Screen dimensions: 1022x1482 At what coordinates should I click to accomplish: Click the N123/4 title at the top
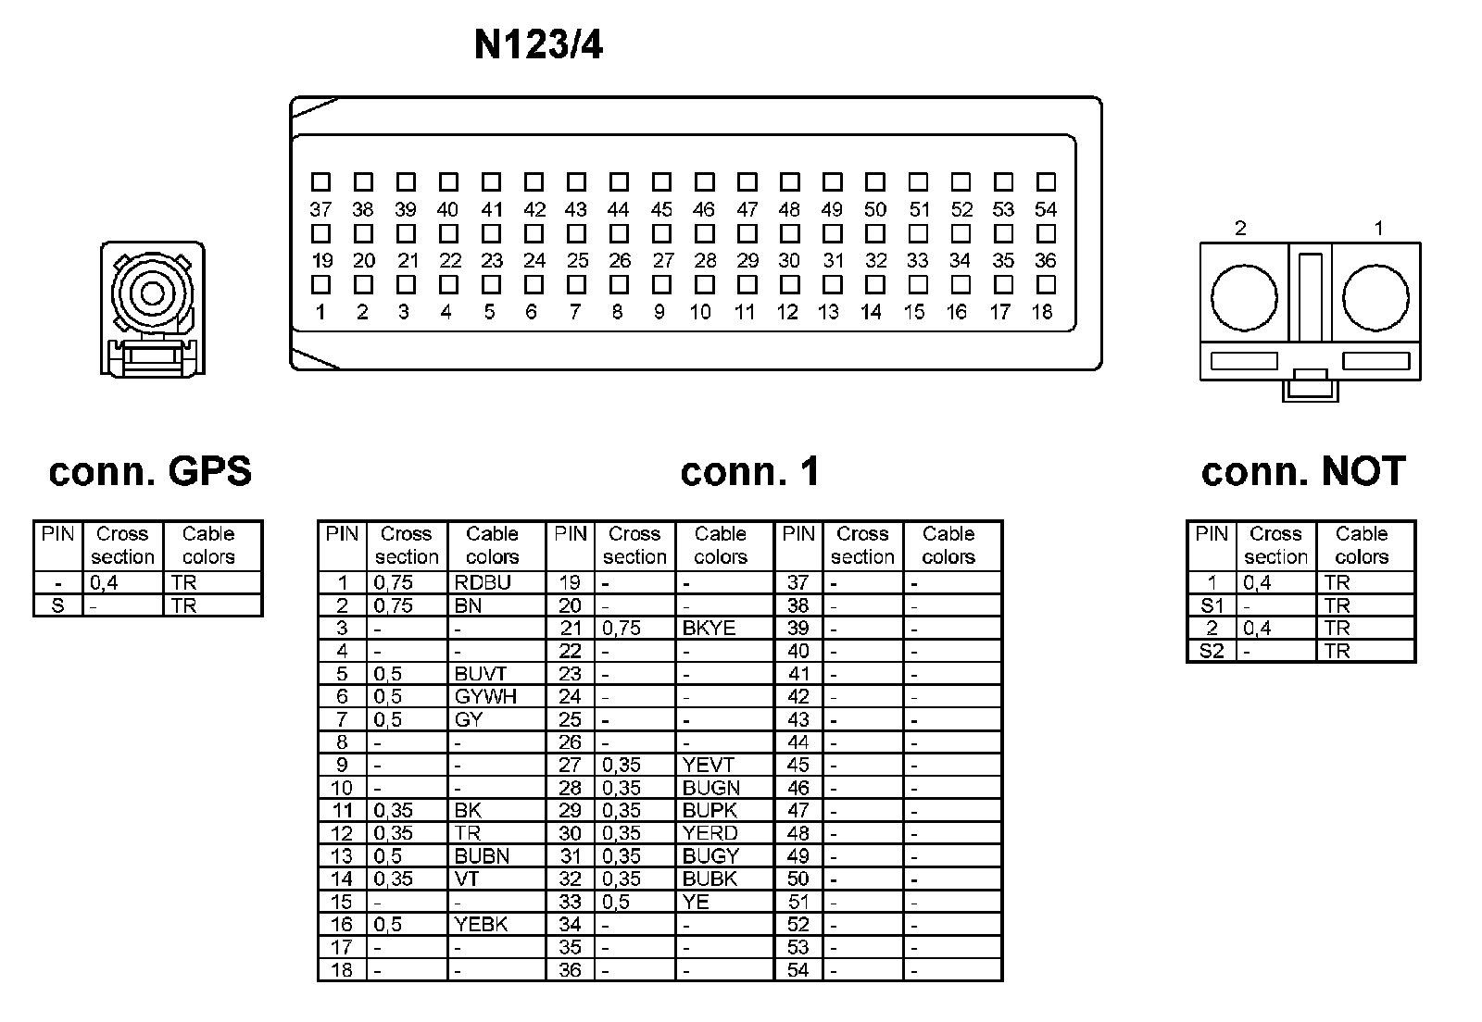(x=538, y=45)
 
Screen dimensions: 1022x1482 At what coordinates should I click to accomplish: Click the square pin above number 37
(x=320, y=181)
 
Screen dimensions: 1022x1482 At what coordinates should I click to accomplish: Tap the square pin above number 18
(x=1045, y=284)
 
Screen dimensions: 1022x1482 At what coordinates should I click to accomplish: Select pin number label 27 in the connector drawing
(x=662, y=261)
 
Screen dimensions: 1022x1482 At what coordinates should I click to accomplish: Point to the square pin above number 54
(x=1046, y=181)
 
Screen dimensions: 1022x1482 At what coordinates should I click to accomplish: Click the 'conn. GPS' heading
(x=150, y=471)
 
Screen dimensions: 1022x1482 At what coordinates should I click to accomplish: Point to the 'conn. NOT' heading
(x=1303, y=471)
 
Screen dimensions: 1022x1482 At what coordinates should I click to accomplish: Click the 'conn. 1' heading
(x=749, y=471)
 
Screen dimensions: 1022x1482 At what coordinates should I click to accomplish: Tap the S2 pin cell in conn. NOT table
(x=1212, y=651)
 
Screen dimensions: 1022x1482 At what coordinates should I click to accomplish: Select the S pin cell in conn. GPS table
(x=57, y=605)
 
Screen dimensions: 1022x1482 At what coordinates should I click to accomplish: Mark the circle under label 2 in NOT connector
(x=1244, y=298)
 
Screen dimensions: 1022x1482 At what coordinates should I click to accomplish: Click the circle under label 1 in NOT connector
(x=1375, y=298)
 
